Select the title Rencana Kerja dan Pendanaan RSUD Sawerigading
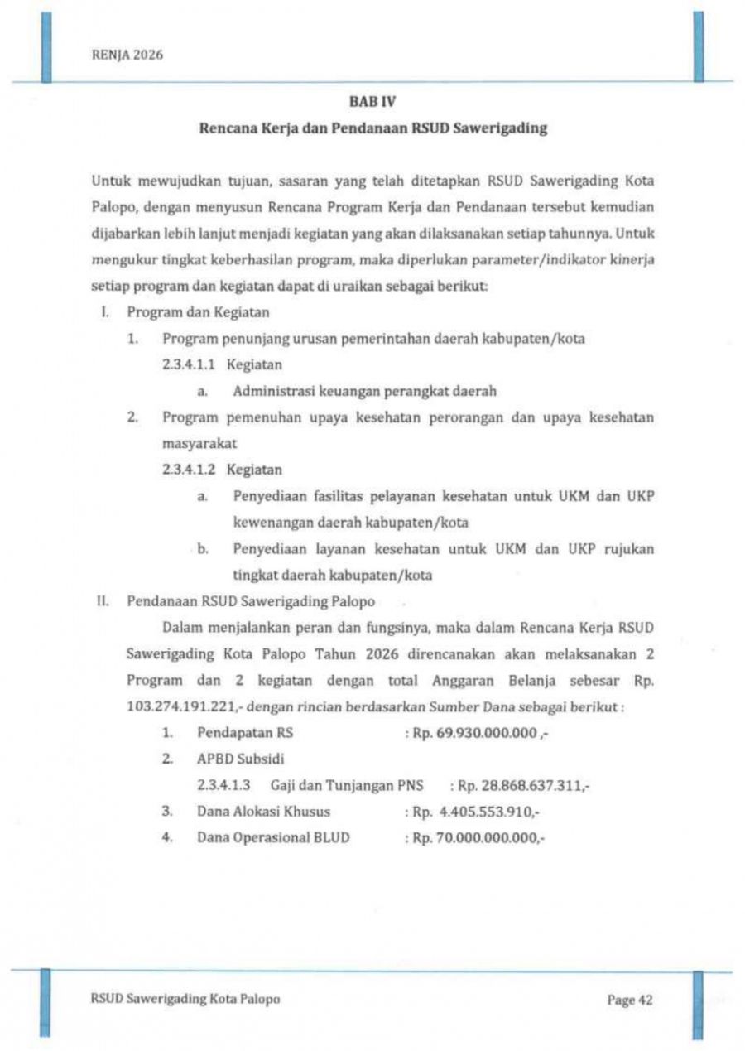click(372, 129)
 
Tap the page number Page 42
click(630, 1000)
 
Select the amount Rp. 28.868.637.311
click(523, 785)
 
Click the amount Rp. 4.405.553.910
click(478, 812)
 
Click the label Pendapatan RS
click(245, 733)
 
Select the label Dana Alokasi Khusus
click(263, 812)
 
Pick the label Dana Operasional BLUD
click(273, 838)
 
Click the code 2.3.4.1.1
click(190, 365)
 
